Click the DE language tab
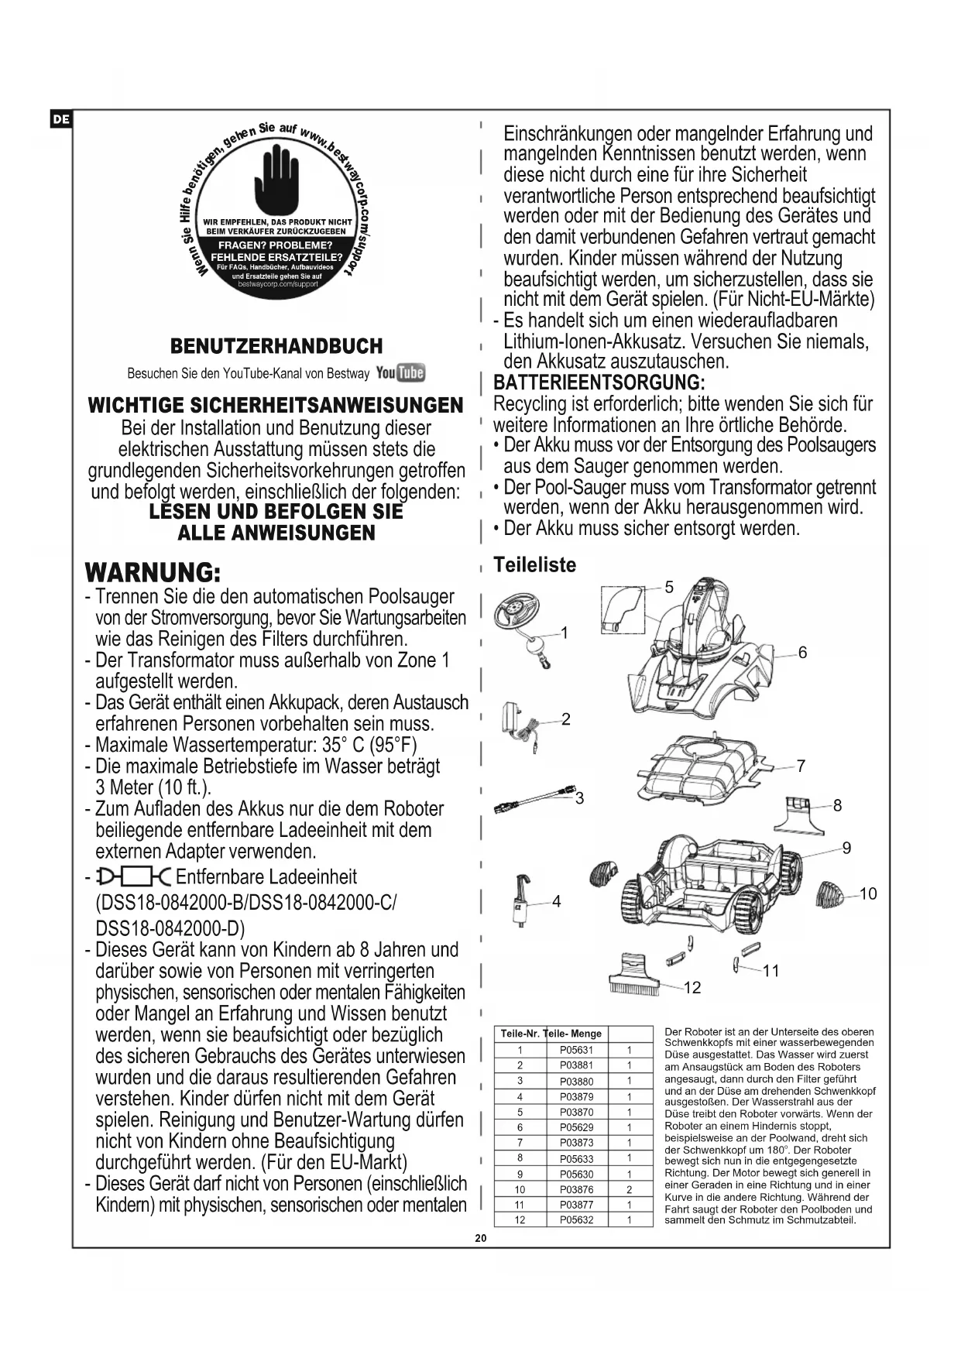click(x=61, y=119)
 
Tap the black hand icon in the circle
click(x=276, y=182)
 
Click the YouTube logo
click(x=400, y=373)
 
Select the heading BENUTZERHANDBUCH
click(x=276, y=346)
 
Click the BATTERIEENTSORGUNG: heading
click(x=599, y=382)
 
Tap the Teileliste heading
click(x=534, y=565)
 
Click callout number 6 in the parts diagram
click(x=802, y=653)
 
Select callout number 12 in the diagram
click(x=692, y=987)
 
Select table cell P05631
click(x=576, y=1051)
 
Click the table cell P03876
click(x=576, y=1189)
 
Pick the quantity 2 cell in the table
click(x=630, y=1189)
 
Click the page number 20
click(x=480, y=1238)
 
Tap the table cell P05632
click(x=576, y=1220)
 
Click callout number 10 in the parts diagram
click(x=868, y=894)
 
